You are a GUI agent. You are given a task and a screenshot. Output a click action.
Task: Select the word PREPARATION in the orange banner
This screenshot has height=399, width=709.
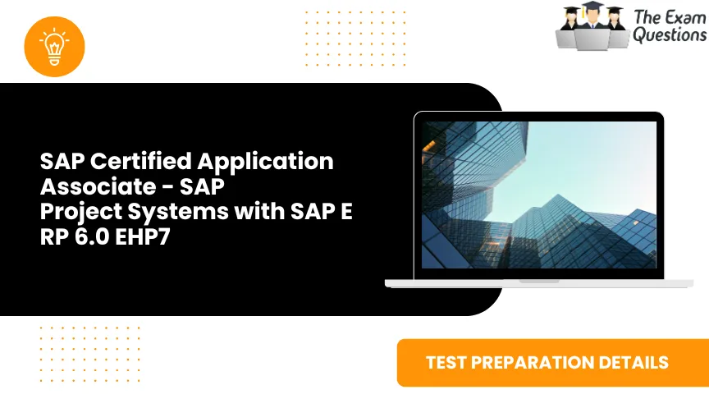pos(540,362)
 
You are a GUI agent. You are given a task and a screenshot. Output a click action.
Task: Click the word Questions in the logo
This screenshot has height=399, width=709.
pos(670,35)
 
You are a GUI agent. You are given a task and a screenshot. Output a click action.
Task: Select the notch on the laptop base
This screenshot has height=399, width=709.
pos(539,280)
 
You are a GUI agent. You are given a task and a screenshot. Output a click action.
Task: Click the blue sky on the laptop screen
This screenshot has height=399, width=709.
pos(591,164)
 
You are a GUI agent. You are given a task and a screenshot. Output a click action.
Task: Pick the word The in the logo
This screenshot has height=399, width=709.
pos(646,17)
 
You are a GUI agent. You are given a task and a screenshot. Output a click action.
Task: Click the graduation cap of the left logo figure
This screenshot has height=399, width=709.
pos(571,10)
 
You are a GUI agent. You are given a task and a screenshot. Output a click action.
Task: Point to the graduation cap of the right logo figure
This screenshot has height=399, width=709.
pos(614,10)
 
